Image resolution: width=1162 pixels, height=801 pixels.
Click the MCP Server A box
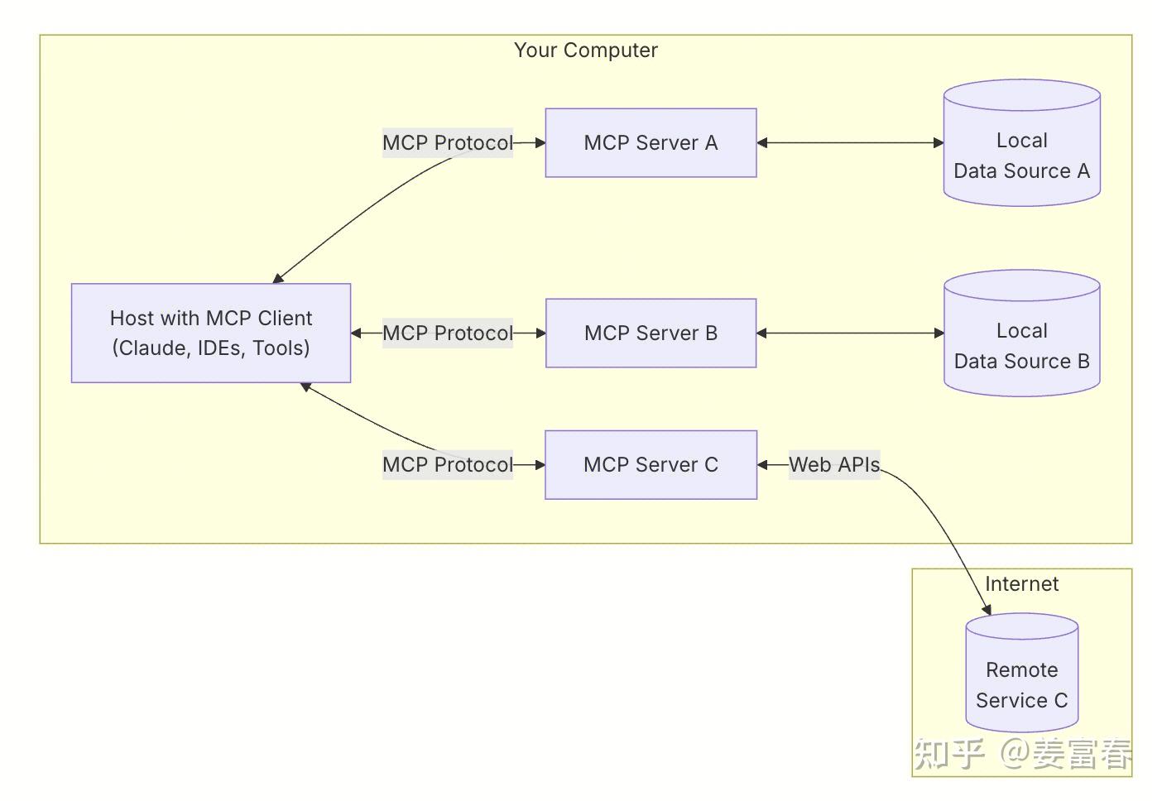coord(651,142)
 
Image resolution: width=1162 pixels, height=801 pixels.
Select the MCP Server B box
coord(651,333)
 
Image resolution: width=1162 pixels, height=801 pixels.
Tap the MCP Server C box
coord(651,464)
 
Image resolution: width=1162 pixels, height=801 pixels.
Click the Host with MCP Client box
coord(211,333)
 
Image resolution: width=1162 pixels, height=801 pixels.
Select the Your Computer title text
coord(585,50)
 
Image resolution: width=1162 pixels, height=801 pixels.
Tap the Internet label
coord(1021,583)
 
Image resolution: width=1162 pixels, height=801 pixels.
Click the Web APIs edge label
coord(833,464)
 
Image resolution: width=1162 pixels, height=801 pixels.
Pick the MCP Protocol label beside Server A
coord(447,142)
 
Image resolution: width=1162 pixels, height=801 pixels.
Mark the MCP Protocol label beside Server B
coord(447,333)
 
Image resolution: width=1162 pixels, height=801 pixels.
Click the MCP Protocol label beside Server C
coord(447,464)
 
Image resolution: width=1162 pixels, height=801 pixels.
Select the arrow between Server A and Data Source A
coord(850,142)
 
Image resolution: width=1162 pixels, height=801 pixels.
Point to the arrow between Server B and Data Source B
coord(850,333)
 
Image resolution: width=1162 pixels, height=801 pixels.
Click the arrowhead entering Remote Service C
coord(987,610)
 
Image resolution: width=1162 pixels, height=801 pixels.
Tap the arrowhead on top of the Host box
coord(278,278)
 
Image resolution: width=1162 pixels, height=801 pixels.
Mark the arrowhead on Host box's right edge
coord(357,333)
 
